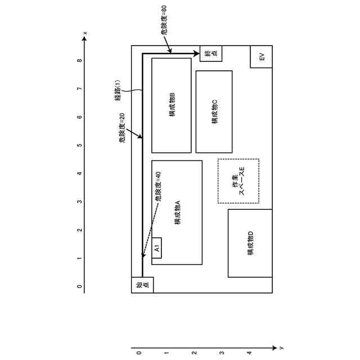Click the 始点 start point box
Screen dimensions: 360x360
coord(142,285)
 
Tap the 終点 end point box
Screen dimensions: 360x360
coord(210,53)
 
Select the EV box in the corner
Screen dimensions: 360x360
coord(261,57)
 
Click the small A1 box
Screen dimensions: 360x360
coord(157,248)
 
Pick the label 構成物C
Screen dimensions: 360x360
coord(214,111)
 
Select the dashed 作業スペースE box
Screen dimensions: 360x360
coord(238,181)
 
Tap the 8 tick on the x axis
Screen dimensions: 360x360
coord(79,60)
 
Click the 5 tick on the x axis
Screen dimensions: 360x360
coord(79,145)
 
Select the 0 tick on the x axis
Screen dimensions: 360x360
coord(79,286)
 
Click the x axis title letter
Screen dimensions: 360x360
coord(85,34)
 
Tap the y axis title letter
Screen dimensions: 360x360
coord(281,348)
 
